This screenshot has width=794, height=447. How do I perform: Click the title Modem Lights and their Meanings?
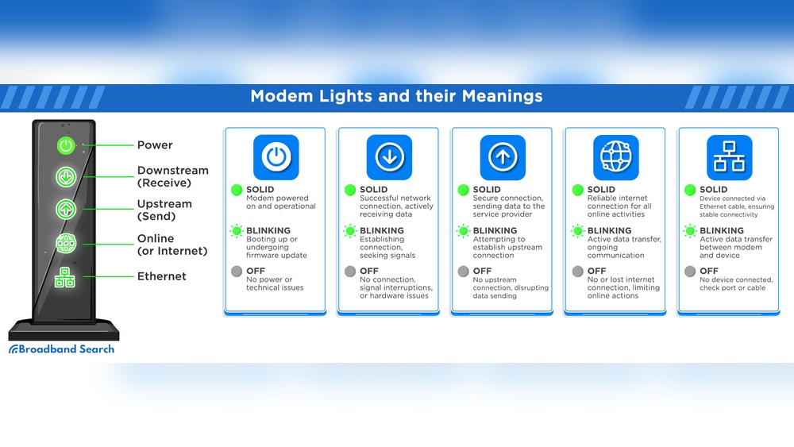(396, 96)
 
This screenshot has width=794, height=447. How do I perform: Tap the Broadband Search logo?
(62, 349)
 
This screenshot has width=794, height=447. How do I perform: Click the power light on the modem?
(65, 145)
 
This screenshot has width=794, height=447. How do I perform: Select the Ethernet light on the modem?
(65, 277)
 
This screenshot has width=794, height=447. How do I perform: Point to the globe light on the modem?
(65, 244)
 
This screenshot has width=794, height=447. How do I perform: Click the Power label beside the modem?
(155, 145)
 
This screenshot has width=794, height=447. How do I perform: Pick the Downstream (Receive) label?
(172, 176)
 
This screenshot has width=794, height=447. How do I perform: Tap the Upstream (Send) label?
(164, 210)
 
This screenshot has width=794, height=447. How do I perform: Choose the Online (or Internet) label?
(172, 245)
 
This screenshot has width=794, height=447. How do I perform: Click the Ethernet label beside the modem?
(161, 276)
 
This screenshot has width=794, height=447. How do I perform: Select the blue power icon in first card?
(276, 157)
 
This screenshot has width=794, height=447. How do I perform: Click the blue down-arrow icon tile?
(389, 157)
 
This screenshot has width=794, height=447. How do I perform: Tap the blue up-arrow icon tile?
(503, 157)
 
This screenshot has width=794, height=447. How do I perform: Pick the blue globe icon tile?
(615, 157)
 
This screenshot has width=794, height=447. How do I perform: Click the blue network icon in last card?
(729, 157)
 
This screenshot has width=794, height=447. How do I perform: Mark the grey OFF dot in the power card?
(236, 272)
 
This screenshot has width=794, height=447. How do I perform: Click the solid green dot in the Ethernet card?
(689, 191)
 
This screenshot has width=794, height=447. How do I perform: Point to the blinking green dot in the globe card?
(576, 231)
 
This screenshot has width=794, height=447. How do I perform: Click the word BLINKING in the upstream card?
(495, 231)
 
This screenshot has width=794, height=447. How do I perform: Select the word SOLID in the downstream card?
(374, 190)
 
